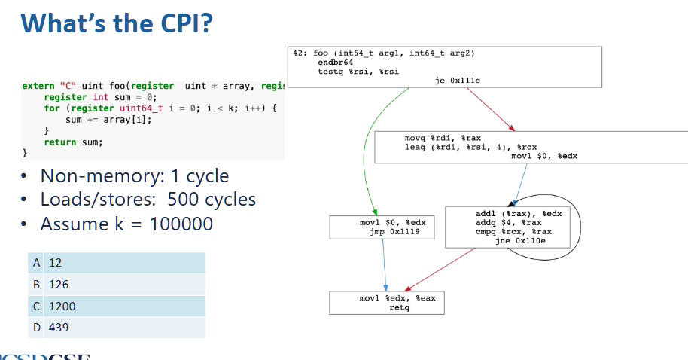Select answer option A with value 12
(116, 263)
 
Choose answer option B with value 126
(116, 285)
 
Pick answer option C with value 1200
(116, 307)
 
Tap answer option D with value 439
(116, 328)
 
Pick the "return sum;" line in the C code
(73, 142)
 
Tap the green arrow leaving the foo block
(376, 151)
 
